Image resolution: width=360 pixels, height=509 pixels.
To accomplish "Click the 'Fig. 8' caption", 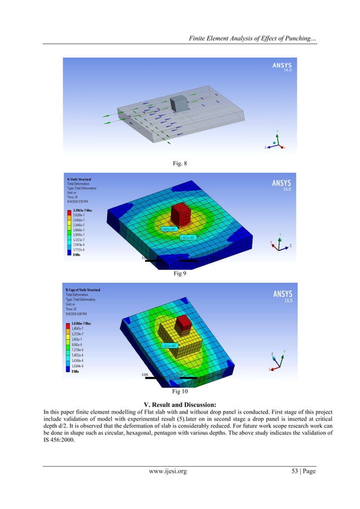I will [x=179, y=163].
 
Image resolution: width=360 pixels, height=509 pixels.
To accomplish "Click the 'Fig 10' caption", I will [x=179, y=389].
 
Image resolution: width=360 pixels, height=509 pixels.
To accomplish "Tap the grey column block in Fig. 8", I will [x=178, y=103].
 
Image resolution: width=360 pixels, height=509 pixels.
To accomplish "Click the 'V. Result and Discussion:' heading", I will [x=179, y=403].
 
